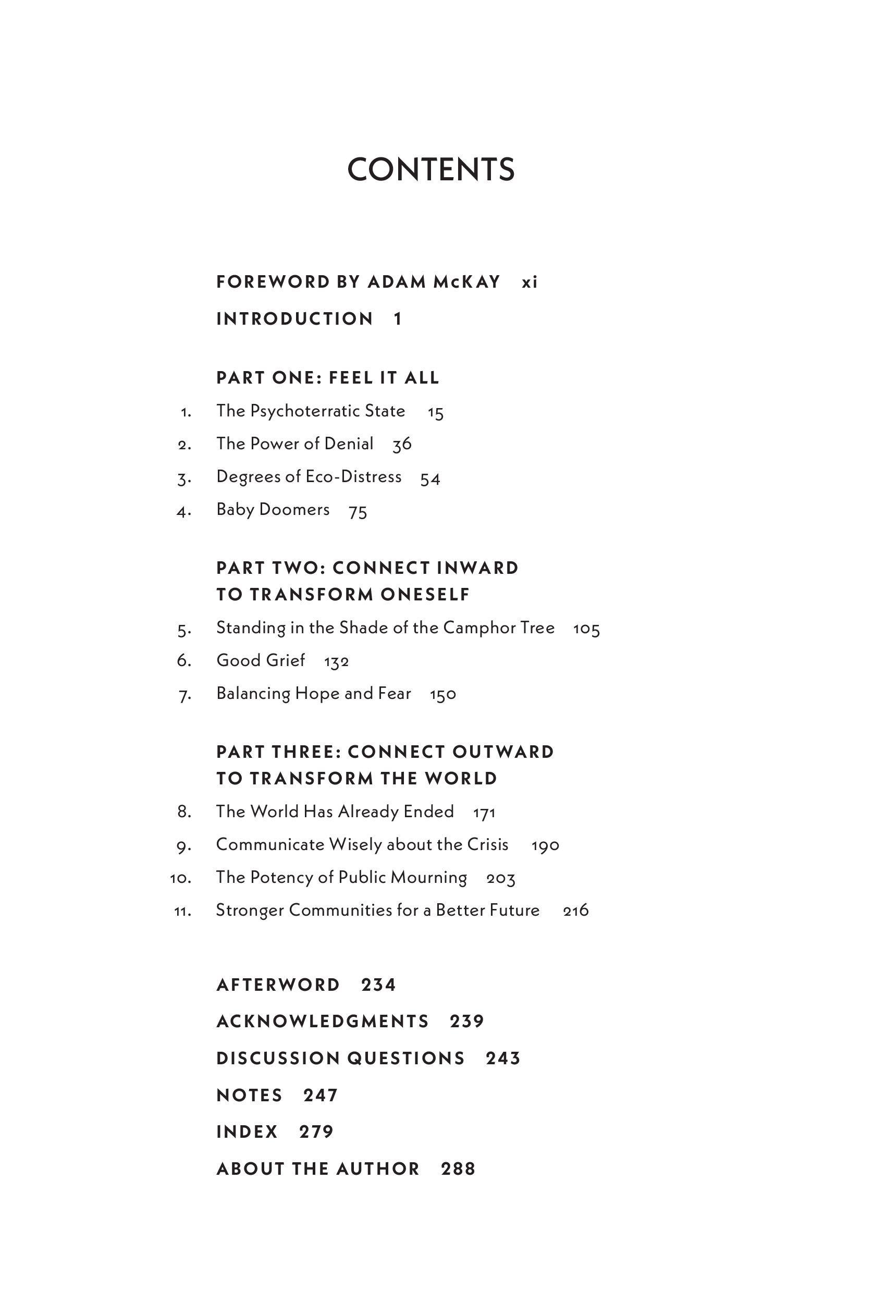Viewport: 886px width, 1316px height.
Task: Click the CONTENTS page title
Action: (x=430, y=169)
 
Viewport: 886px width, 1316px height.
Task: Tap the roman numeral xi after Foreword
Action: (x=530, y=282)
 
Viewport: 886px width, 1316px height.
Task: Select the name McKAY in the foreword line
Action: (x=467, y=282)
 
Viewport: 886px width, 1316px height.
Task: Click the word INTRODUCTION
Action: (x=294, y=318)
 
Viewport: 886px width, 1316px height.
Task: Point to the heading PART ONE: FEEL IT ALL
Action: (x=328, y=377)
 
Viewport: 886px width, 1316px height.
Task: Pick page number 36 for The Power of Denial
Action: (x=402, y=445)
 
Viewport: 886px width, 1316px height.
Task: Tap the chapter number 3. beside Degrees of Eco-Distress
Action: (x=184, y=478)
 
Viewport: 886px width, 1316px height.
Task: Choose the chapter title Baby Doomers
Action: (x=273, y=510)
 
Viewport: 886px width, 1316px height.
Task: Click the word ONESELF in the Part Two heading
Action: (x=425, y=595)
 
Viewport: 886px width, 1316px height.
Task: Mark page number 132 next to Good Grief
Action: (x=336, y=662)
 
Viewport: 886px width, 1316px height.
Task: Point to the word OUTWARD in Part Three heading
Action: (x=503, y=752)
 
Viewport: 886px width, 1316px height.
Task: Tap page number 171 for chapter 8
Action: (x=484, y=813)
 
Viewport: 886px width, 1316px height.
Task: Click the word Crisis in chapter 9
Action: (x=488, y=844)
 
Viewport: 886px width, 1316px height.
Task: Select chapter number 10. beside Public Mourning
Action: (x=181, y=878)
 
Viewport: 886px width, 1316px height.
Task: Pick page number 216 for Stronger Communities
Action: (x=576, y=911)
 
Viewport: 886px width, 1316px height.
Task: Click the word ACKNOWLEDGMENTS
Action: (x=323, y=1021)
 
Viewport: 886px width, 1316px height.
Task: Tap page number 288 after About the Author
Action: (x=458, y=1169)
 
